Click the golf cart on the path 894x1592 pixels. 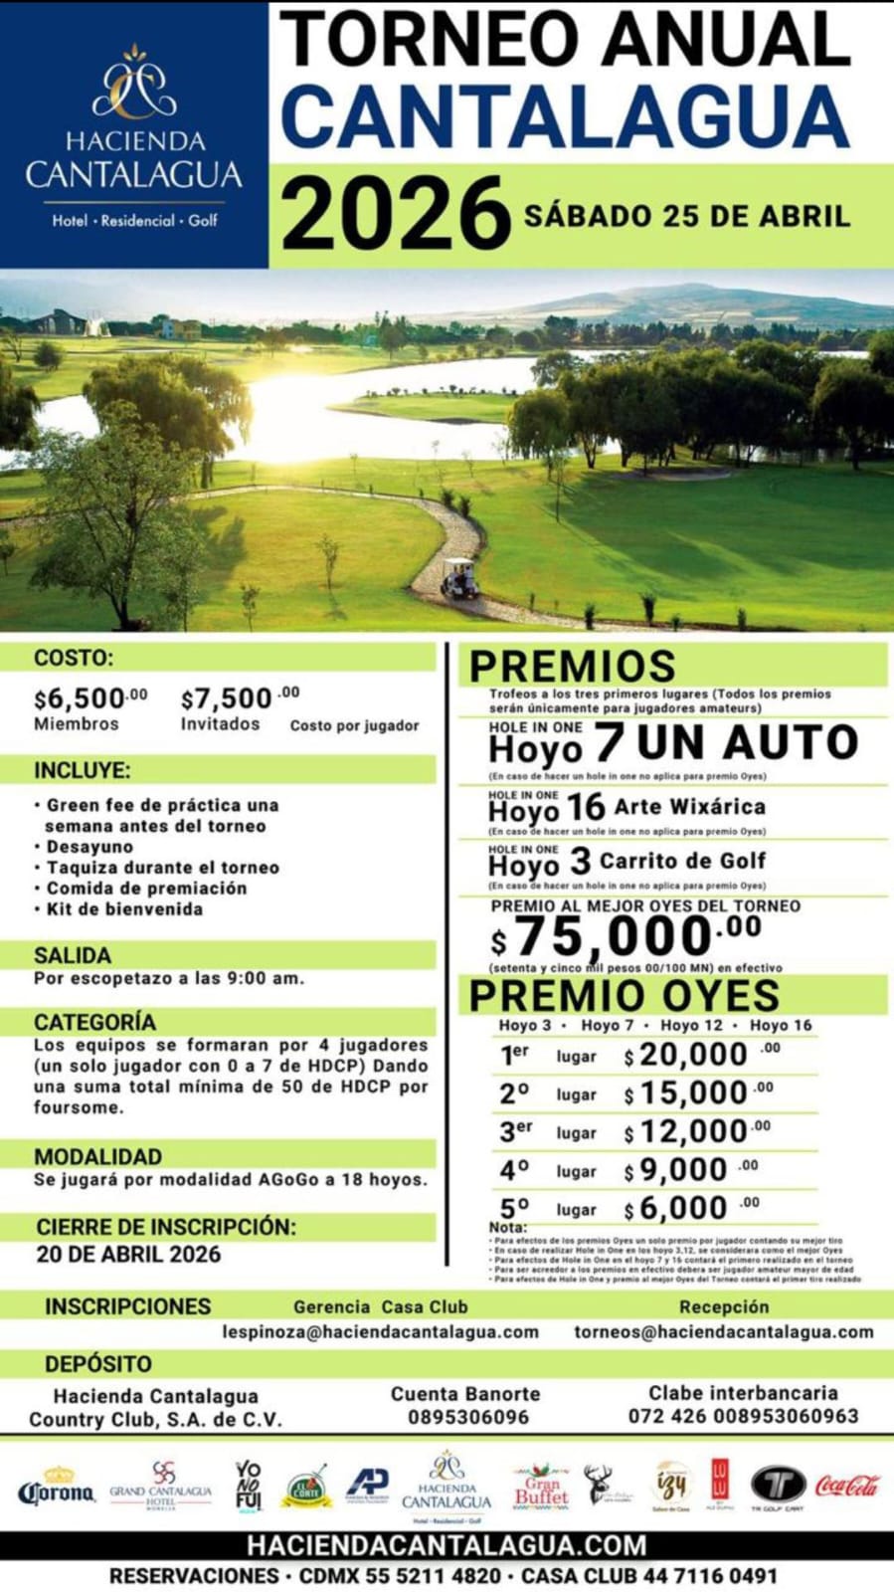coord(458,578)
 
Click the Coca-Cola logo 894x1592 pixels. coord(847,1487)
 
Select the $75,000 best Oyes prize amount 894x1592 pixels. coord(626,935)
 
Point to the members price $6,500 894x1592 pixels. coord(90,698)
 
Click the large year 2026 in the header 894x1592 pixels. coord(395,214)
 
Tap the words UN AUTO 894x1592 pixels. coord(747,743)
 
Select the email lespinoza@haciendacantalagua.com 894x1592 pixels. coord(380,1331)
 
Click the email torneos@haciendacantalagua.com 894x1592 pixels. coord(723,1331)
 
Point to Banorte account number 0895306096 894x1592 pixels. coord(467,1417)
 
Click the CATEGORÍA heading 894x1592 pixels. coord(94,1022)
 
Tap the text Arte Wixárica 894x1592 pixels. coord(689,807)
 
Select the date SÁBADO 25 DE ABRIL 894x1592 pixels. coord(687,216)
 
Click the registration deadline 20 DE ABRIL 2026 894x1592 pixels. coord(128,1254)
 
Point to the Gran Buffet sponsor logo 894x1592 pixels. coord(541,1486)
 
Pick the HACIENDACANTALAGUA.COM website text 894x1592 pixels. coord(447,1545)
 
